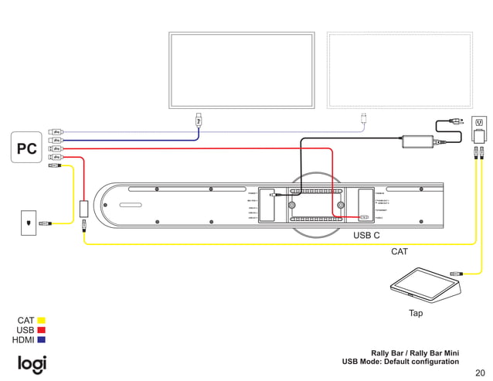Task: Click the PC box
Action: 26,148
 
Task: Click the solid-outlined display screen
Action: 242,70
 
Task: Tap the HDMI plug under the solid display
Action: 199,120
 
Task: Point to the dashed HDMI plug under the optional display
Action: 364,119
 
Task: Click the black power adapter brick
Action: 418,141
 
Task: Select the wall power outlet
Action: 479,123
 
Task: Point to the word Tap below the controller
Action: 416,313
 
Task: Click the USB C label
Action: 366,234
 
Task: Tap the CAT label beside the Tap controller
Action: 399,251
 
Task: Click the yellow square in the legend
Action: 42,321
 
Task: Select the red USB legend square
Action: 42,331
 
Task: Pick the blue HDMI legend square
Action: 42,340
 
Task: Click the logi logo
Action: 32,364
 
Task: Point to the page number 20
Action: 480,372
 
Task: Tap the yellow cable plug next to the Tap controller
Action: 457,273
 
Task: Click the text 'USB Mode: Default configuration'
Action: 400,362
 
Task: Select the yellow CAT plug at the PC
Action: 53,165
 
